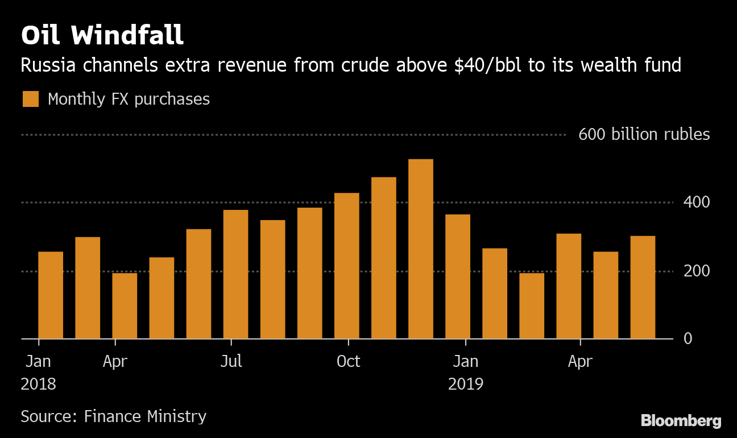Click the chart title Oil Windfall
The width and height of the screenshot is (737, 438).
(x=102, y=35)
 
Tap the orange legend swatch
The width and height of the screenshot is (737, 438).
(x=31, y=99)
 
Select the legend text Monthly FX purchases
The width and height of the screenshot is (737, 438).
(x=129, y=99)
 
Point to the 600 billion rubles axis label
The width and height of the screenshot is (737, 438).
(x=644, y=135)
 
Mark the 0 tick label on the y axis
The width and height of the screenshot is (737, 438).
(x=688, y=338)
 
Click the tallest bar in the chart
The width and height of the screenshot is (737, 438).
(x=421, y=249)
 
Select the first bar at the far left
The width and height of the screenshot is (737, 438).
(x=51, y=295)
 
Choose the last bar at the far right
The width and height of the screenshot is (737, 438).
(x=643, y=287)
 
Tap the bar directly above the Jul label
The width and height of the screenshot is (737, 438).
(x=235, y=274)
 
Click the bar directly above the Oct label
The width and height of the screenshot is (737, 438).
(x=347, y=266)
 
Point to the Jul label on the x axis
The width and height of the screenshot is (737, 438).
(x=231, y=361)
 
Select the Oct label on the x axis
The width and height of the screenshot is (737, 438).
(x=348, y=361)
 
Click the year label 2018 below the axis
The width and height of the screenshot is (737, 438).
(x=39, y=384)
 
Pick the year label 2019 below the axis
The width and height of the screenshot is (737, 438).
(x=466, y=384)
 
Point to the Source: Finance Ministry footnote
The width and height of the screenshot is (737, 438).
(x=113, y=416)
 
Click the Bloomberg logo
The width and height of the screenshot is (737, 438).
(x=681, y=421)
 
